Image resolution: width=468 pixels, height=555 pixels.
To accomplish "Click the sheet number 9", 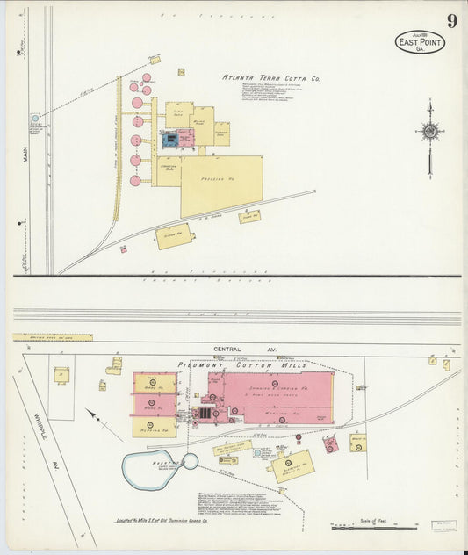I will pos(450,21).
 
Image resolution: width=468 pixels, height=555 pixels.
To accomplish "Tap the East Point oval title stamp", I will pos(419,42).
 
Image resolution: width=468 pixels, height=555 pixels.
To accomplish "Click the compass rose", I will pos(429,132).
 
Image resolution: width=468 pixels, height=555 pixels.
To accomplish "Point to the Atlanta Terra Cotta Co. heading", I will pos(271,78).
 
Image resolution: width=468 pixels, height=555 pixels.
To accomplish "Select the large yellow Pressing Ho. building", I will pos(221,185).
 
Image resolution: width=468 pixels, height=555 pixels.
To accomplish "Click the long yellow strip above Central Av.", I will pos(52,336).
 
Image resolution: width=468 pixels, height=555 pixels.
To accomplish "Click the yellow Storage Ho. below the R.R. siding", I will pos(172,234).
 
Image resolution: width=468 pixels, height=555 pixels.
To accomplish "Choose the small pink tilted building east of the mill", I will pos(330,444).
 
